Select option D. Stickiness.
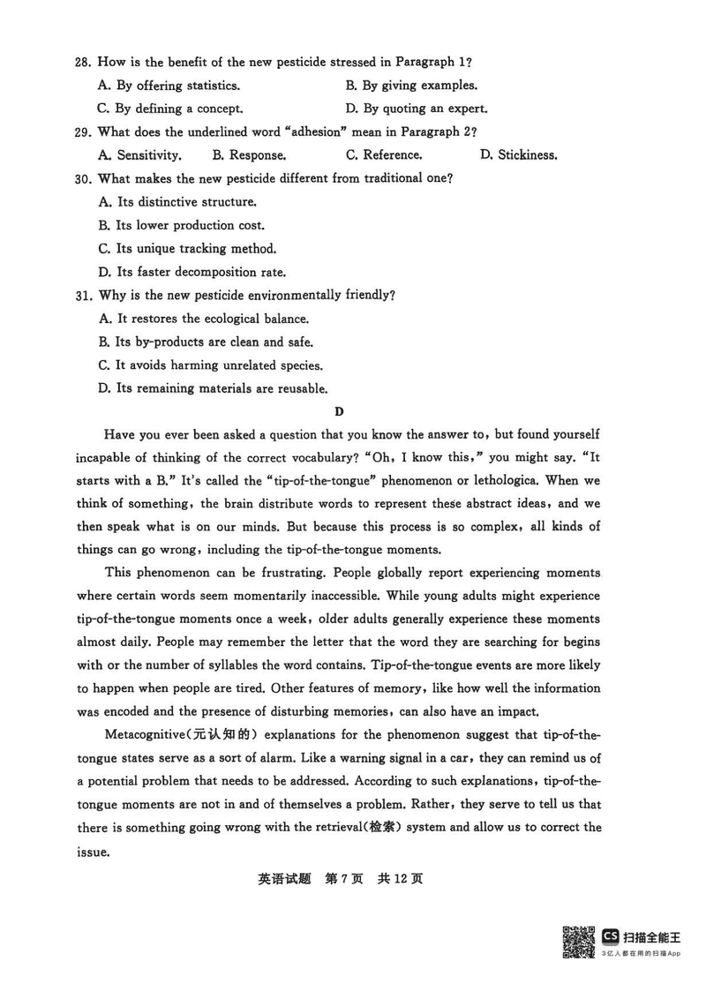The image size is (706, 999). pos(518,155)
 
